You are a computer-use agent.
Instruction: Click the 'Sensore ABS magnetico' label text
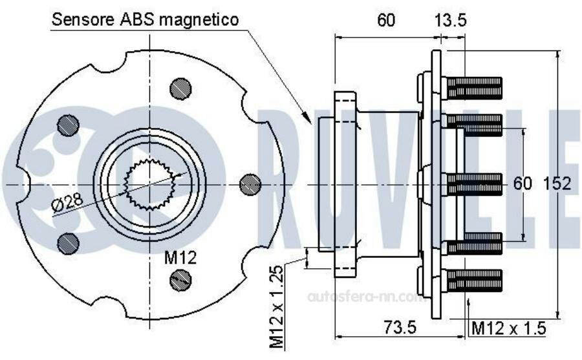click(x=145, y=19)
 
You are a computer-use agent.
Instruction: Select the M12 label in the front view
click(x=180, y=258)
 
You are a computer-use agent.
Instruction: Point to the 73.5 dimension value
click(x=400, y=327)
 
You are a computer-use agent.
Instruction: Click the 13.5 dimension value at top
click(x=450, y=20)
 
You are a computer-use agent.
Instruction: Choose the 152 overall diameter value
click(x=557, y=184)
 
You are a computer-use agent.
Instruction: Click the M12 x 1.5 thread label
click(x=508, y=328)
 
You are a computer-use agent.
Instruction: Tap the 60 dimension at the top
click(x=386, y=20)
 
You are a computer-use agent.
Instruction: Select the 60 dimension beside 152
click(x=523, y=184)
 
